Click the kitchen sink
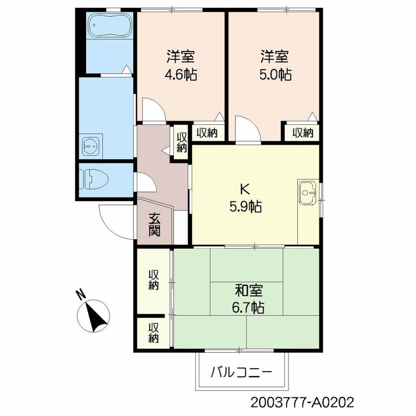308,193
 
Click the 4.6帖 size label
181,75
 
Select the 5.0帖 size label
276,75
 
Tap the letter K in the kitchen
244,189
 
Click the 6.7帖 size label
248,308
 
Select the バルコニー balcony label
241,373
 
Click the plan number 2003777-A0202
302,403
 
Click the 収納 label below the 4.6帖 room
207,133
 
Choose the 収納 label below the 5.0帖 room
303,133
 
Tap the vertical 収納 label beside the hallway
182,142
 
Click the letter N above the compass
81,295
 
